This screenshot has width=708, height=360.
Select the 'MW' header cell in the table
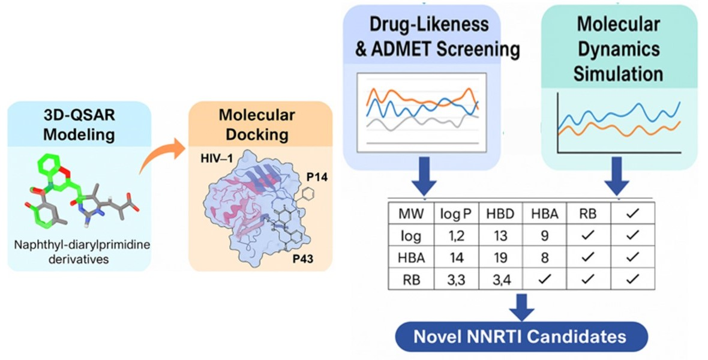tap(406, 214)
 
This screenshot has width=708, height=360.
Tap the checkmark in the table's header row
tap(632, 214)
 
